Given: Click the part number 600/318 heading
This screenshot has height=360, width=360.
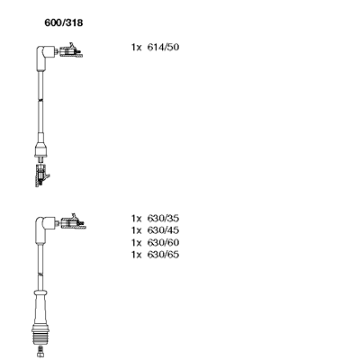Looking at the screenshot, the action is (x=64, y=22).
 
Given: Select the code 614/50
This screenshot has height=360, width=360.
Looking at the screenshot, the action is (x=163, y=47).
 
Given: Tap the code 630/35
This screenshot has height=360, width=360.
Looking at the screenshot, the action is (x=163, y=218).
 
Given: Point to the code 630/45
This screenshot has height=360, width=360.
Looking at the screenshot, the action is (x=163, y=230).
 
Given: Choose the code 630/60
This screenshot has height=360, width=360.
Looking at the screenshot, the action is (x=163, y=242).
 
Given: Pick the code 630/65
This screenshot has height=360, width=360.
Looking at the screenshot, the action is (x=163, y=255).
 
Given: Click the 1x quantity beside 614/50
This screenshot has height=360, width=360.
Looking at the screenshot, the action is (x=136, y=48).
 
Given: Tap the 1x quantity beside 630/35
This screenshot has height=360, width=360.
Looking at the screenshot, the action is (x=136, y=219).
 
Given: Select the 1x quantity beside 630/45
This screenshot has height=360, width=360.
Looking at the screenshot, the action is (x=136, y=230).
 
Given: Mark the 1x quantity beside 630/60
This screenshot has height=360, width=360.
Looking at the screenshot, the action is (x=136, y=242).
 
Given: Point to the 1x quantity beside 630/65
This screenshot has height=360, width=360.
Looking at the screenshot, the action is (x=136, y=255).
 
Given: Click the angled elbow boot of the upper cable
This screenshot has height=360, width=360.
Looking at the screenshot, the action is (x=44, y=56).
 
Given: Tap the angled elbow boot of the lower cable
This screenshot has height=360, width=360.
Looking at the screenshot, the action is (x=44, y=228).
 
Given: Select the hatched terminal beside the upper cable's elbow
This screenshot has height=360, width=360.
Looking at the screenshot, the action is (x=71, y=50).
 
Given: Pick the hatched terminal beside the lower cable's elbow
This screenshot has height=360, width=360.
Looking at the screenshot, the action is (x=73, y=222).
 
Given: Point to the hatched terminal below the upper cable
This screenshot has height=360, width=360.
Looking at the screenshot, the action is (x=41, y=175).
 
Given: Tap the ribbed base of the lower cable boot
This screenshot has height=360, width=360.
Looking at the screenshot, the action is (x=40, y=335).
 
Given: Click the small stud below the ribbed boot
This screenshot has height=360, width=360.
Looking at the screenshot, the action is (x=40, y=351).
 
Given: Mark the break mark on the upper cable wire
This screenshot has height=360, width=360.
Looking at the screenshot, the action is (x=40, y=100).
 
